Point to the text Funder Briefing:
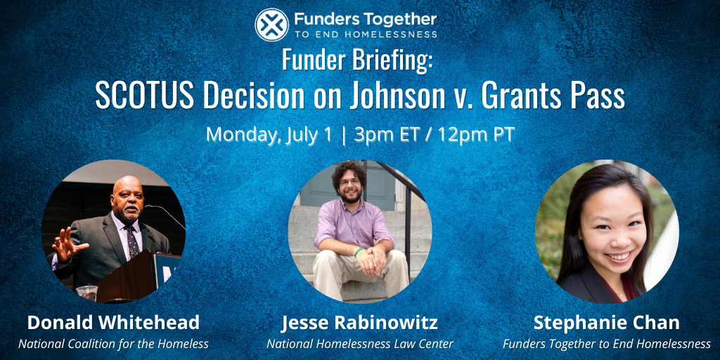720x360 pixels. click(x=357, y=60)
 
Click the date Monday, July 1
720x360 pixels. click(x=269, y=134)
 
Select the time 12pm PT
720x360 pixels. click(x=476, y=134)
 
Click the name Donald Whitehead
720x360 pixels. click(x=113, y=323)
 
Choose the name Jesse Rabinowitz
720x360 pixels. click(x=359, y=323)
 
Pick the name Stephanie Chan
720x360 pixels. click(x=606, y=323)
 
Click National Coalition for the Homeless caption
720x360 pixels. click(x=113, y=344)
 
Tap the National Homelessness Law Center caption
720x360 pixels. click(x=359, y=344)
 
